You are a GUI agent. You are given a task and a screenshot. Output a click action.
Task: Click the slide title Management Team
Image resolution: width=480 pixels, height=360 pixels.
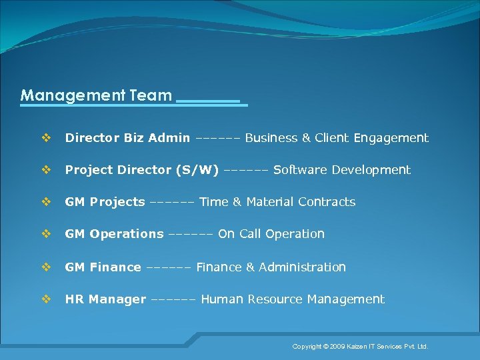(96, 95)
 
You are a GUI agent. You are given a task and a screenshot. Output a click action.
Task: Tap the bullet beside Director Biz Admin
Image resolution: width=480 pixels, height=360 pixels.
(47, 138)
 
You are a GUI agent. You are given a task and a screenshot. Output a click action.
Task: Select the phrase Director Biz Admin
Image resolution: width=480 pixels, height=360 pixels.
(127, 138)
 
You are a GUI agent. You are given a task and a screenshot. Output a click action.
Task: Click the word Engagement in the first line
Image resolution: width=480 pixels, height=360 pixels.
(391, 138)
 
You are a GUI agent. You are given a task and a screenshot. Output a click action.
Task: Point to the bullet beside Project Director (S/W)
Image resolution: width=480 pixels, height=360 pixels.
(47, 170)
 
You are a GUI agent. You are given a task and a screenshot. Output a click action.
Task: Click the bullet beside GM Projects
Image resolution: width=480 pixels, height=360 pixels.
(47, 202)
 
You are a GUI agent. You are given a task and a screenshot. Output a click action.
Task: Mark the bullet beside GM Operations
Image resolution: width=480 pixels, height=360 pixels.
(47, 234)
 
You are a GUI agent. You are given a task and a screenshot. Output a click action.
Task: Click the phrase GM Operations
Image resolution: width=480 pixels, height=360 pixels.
(114, 234)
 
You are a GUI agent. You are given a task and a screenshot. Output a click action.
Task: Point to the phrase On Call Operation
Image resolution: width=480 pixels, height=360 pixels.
(271, 234)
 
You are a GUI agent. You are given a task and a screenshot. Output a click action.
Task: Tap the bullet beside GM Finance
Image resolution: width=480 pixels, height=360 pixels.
(47, 267)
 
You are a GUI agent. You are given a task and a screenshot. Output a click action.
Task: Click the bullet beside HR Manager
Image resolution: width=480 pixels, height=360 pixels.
(47, 299)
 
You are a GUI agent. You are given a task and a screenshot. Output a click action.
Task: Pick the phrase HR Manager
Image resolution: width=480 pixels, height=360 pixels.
(105, 299)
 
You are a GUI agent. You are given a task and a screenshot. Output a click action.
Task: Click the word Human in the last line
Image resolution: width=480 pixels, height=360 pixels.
(222, 299)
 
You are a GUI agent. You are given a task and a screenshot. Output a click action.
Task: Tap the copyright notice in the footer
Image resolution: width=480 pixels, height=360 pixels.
(361, 347)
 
